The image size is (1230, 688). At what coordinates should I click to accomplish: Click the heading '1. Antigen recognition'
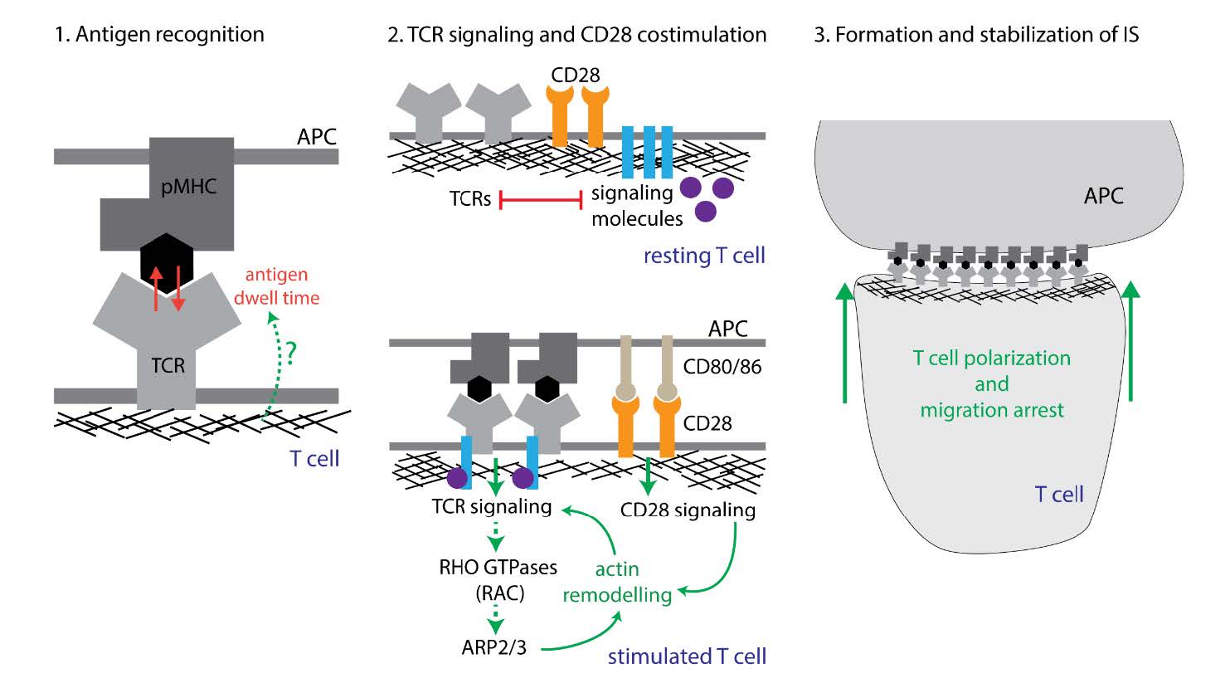[159, 35]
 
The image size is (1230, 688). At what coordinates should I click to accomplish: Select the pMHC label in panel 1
[189, 186]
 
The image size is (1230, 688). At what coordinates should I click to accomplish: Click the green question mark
[289, 352]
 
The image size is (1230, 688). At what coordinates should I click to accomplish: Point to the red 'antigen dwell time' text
[276, 286]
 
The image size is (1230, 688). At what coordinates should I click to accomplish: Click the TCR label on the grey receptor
[168, 365]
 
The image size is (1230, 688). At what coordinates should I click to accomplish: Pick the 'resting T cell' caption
[704, 256]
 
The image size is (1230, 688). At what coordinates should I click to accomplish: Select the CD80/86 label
[722, 366]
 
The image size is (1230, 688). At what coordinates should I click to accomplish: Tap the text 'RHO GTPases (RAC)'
[498, 580]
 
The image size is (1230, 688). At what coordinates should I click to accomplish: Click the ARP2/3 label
[493, 647]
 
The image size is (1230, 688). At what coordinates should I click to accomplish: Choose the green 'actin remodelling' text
[617, 582]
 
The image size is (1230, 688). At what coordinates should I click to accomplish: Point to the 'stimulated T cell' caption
[687, 656]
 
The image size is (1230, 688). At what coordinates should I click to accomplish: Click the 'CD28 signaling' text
[688, 510]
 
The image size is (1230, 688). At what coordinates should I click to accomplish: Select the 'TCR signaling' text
[491, 506]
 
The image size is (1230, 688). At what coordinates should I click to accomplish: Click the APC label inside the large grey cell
[1103, 196]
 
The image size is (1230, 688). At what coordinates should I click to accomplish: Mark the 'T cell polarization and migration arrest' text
[992, 383]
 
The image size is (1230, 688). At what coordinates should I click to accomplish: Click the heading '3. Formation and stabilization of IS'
[976, 35]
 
